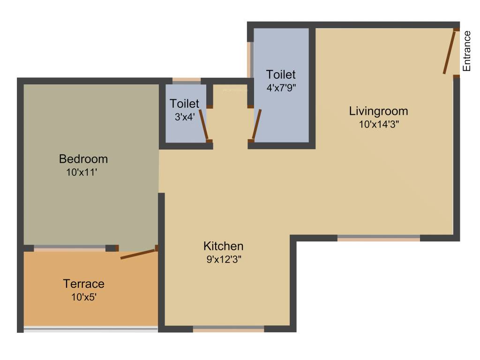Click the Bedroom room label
[83, 159]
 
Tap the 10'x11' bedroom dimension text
[82, 172]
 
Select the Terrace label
[84, 284]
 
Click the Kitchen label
[223, 246]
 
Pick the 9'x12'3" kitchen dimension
[224, 259]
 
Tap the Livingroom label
[378, 111]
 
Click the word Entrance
[466, 51]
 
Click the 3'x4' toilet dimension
[184, 117]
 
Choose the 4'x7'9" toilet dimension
[281, 87]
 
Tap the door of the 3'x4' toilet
[204, 124]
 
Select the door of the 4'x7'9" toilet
[256, 124]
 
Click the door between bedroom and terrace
[138, 254]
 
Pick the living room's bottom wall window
[378, 238]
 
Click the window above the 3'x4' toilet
[187, 81]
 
